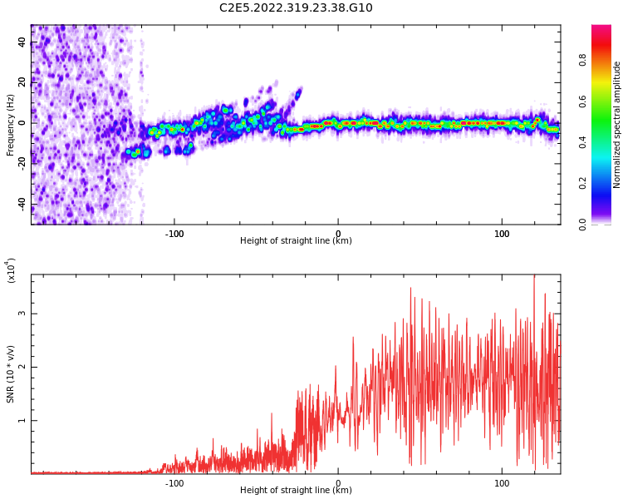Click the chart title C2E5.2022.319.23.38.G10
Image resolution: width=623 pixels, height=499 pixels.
coord(296,8)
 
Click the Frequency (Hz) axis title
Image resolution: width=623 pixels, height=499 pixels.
coord(11,125)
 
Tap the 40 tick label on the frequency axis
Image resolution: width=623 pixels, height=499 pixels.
coord(22,42)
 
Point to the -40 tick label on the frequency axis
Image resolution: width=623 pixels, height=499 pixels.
coord(21,204)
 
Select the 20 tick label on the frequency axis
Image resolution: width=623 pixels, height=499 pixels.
coord(22,82)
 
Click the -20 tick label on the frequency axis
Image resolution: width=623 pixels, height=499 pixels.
coord(21,164)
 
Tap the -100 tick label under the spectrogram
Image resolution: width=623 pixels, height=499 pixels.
coord(174,234)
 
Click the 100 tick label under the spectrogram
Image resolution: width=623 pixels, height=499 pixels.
coord(502,234)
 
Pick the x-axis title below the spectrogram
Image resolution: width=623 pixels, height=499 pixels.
coord(296,241)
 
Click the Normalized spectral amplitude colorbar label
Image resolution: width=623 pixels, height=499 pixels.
coord(617,125)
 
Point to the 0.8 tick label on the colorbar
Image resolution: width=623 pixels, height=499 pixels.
coord(606,60)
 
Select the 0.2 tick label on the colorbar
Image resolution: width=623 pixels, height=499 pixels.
coord(606,183)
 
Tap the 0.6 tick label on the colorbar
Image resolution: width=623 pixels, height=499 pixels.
coord(606,101)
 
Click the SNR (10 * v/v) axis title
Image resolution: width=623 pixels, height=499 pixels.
coord(11,374)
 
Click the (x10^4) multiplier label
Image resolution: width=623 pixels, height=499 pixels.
coord(11,270)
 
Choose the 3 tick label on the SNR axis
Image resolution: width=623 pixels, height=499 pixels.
coord(23,314)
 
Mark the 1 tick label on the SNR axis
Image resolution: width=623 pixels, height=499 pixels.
coord(23,420)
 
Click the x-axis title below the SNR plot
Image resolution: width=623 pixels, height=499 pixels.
coord(296,491)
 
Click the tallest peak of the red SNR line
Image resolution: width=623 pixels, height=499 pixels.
coord(534,276)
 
